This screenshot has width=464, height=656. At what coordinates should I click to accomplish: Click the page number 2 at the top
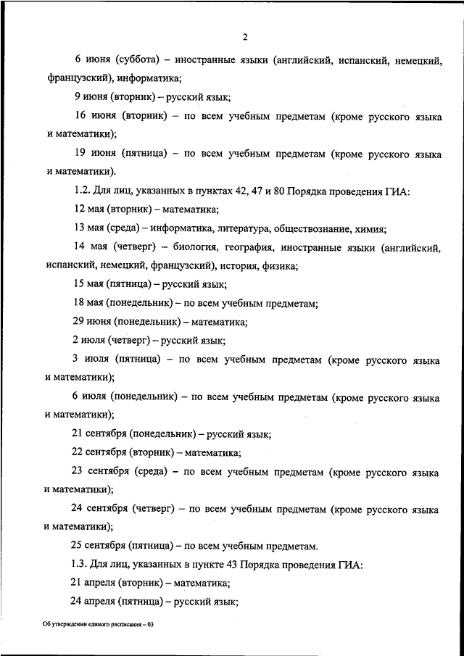pos(246,38)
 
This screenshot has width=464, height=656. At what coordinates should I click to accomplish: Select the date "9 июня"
pos(90,96)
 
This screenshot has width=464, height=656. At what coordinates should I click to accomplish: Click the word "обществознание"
pos(304,229)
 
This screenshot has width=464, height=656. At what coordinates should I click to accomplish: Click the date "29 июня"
pos(91,323)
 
